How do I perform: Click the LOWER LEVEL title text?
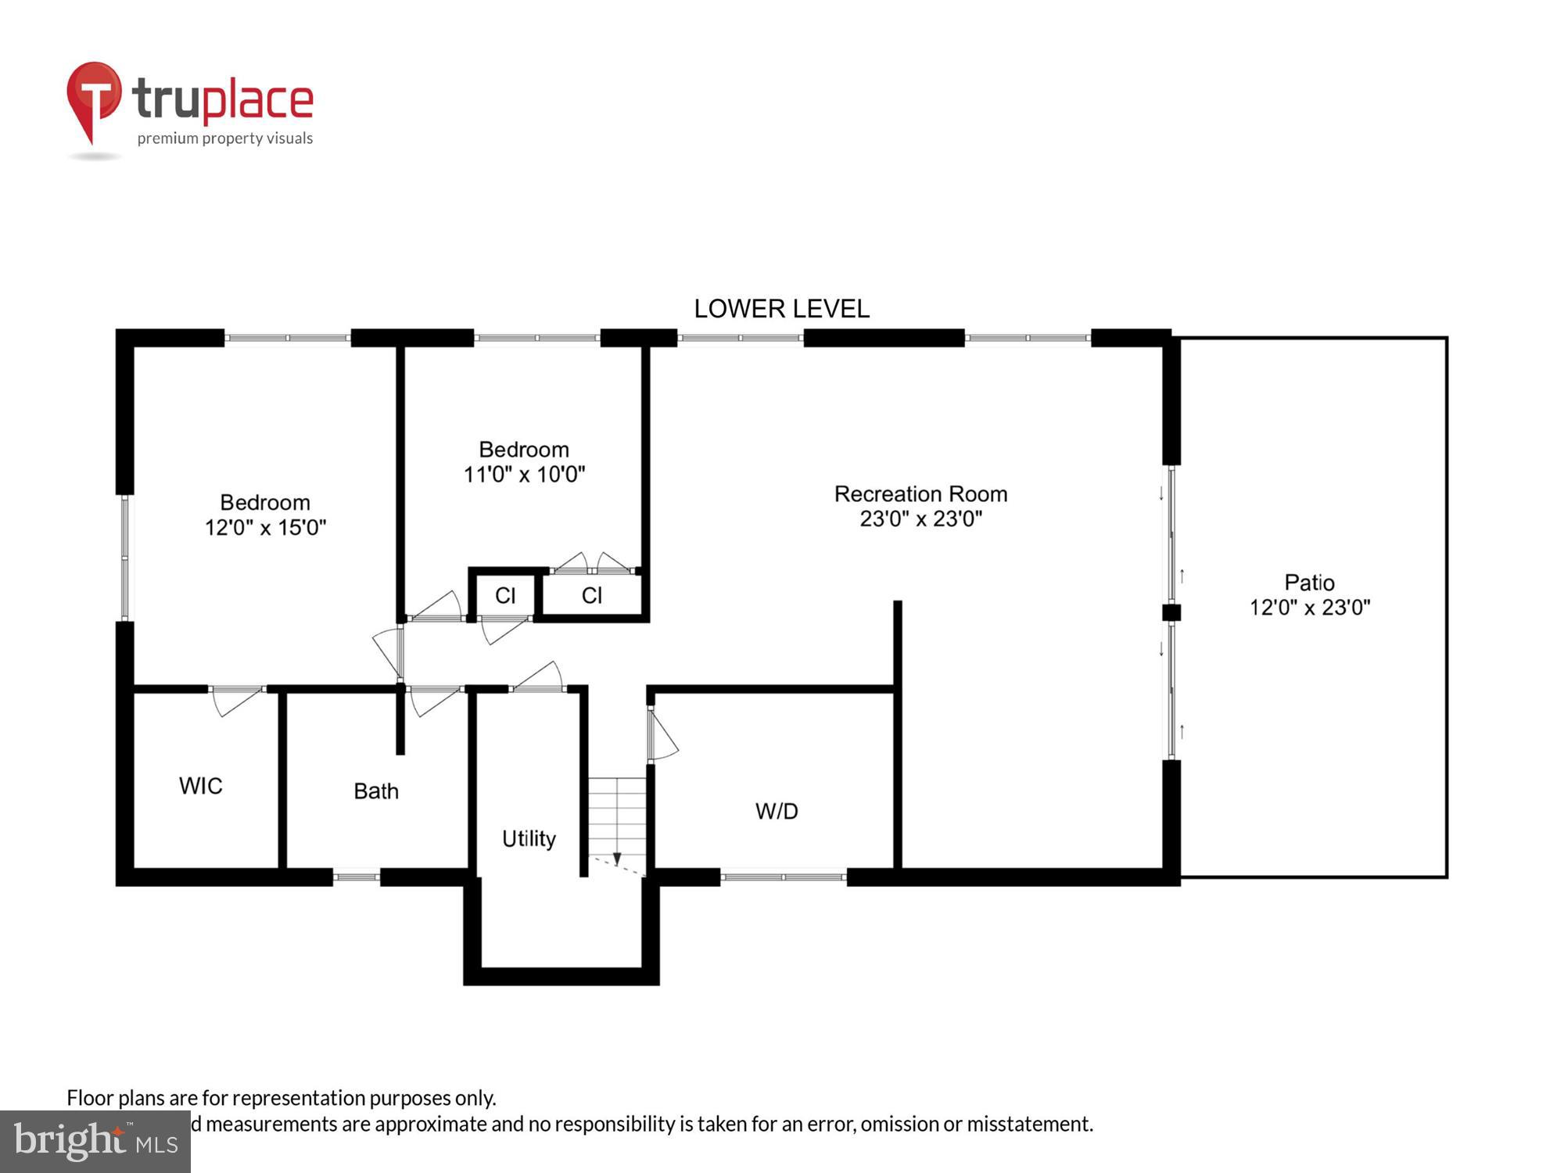coord(781,309)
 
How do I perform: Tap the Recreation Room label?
coord(920,494)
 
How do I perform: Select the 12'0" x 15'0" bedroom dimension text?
coord(265,528)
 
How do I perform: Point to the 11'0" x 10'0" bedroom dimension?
coord(524,475)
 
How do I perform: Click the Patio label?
coord(1309,583)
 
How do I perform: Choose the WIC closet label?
coord(201,786)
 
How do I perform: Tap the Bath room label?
coord(376,791)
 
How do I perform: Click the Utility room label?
coord(529,839)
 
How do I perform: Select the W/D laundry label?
coord(777,812)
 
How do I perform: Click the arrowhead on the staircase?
coord(617,859)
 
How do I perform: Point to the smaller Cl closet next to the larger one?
coord(505,596)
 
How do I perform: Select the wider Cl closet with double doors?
coord(592,596)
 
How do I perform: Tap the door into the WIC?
coord(237,700)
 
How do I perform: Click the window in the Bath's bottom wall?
coord(357,877)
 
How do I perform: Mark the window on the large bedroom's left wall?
coord(124,558)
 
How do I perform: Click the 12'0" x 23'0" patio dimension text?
coord(1309,608)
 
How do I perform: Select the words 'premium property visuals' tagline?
coord(225,138)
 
